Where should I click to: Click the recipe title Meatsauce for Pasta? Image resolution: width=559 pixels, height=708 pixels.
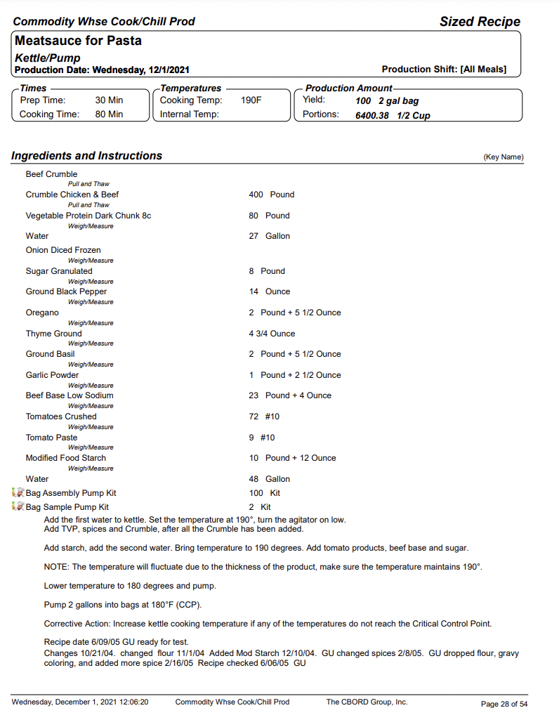coord(78,41)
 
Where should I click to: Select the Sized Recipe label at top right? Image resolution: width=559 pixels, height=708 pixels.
coord(480,22)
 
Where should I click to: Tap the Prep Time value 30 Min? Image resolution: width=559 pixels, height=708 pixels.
coord(109,100)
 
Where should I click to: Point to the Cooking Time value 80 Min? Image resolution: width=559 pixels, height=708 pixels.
coord(109,114)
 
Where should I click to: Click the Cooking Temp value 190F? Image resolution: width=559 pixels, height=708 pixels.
coord(251,100)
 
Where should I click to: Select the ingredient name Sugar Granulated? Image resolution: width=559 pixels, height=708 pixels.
coord(59,271)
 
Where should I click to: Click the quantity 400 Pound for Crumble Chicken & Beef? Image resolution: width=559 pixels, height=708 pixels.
coord(271,195)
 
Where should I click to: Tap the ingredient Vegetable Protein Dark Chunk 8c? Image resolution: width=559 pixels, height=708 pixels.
coord(88,216)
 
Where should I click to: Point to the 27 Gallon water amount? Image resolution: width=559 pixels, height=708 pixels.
coord(269,236)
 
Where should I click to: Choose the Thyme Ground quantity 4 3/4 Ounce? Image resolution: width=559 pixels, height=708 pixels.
coord(272,334)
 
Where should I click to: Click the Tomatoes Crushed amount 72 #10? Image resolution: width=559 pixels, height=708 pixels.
coord(264,417)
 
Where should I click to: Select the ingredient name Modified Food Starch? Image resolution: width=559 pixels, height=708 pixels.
coord(66,458)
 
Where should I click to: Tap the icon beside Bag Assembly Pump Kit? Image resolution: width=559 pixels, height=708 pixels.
coord(18,493)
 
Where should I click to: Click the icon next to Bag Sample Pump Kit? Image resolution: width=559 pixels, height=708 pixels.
coord(18,507)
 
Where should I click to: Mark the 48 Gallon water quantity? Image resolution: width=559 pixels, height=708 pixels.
coord(269,479)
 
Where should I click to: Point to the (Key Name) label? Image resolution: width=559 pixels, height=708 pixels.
coord(504,157)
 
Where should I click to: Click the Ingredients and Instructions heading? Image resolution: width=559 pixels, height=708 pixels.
coord(87,156)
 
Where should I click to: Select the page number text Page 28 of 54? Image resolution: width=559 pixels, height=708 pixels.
coord(504,703)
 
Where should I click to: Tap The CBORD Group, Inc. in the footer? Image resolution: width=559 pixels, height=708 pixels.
coord(367,702)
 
